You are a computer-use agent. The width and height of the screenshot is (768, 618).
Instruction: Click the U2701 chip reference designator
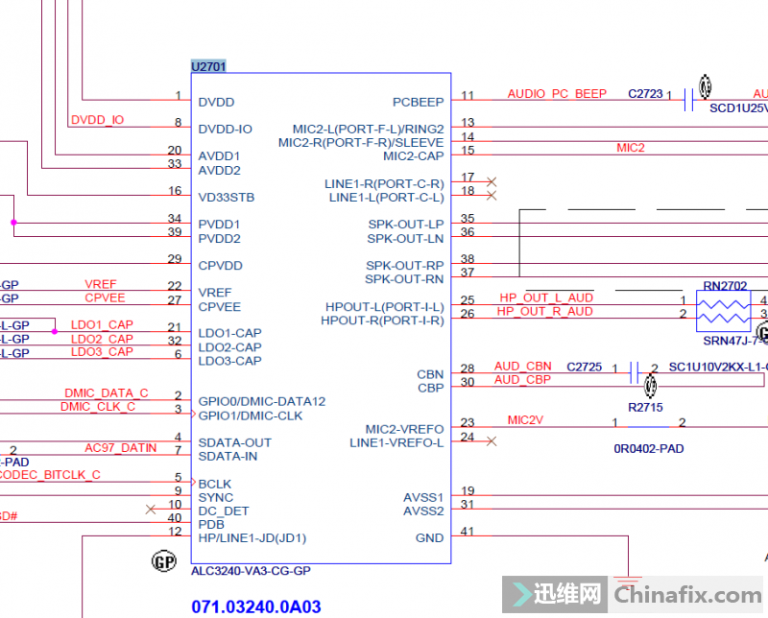click(208, 66)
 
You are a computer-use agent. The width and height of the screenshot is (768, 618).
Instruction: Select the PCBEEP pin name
click(418, 102)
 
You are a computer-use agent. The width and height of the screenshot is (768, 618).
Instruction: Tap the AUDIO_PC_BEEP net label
click(557, 94)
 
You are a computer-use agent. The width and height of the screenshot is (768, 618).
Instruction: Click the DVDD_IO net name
click(97, 120)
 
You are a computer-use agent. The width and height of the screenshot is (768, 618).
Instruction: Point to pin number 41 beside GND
click(468, 532)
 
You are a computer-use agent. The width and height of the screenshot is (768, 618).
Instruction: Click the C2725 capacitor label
click(584, 367)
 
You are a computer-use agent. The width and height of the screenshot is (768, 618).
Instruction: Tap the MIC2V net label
click(525, 420)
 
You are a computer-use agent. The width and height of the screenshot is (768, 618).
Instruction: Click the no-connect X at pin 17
click(492, 181)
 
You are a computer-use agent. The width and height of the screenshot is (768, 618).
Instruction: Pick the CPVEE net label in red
click(105, 298)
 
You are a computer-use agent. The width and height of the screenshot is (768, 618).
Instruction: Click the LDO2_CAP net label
click(102, 339)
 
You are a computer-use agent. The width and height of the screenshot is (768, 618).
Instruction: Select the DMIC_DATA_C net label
click(106, 393)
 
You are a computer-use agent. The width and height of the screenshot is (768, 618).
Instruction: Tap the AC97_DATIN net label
click(120, 448)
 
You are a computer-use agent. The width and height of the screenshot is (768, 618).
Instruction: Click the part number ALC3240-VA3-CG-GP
click(251, 571)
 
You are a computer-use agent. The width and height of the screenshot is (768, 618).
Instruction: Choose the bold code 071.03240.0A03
click(256, 606)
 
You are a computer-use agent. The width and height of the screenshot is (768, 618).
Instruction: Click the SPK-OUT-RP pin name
click(404, 266)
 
